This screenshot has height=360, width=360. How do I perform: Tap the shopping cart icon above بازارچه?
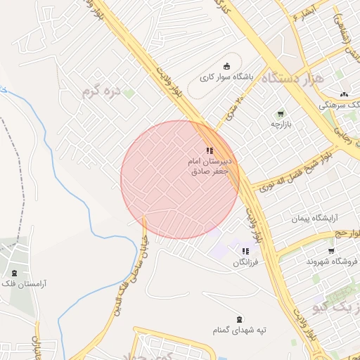281,114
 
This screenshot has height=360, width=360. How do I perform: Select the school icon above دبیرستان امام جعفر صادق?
210,150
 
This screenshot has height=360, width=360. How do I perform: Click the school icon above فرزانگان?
245,251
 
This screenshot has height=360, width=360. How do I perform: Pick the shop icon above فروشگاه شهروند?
331,250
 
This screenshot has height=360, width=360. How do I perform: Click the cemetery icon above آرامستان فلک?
14,272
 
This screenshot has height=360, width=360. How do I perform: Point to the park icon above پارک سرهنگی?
344,94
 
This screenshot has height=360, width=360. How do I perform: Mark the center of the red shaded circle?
180,179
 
